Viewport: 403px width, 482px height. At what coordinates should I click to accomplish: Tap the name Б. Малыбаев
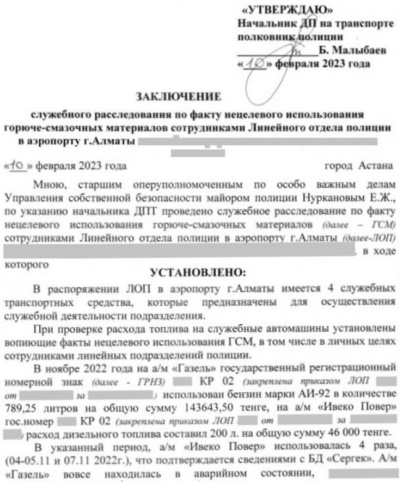tap(351, 50)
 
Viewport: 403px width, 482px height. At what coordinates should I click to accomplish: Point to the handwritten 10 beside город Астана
tap(20, 165)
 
